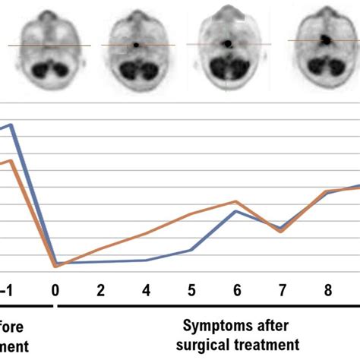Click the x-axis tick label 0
click(55, 289)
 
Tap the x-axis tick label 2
click(100, 289)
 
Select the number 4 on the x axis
click(146, 289)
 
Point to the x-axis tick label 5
click(191, 289)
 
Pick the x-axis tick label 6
click(236, 289)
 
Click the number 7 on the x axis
click(282, 289)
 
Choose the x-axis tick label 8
click(327, 289)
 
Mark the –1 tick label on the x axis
click(7, 289)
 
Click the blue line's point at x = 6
click(236, 210)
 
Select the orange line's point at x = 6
click(236, 201)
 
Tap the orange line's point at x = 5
click(191, 213)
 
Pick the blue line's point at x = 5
click(191, 249)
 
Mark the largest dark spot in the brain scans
click(324, 37)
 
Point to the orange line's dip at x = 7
click(282, 231)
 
